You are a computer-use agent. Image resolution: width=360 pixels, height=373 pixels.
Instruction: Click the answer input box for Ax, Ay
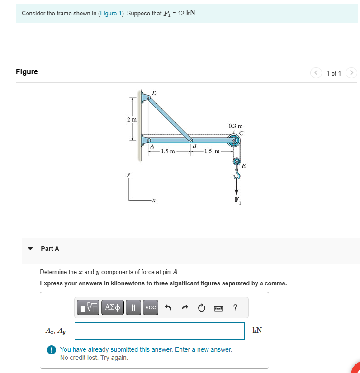[159, 331]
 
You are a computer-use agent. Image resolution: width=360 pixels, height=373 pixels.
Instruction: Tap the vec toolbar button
[151, 307]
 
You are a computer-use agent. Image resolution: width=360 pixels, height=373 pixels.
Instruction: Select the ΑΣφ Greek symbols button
[112, 307]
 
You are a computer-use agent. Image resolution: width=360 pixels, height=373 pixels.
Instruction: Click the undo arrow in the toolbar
[168, 307]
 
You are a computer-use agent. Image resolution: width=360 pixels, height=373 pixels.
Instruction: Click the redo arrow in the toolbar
[184, 307]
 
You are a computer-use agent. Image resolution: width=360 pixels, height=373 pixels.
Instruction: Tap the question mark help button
[235, 307]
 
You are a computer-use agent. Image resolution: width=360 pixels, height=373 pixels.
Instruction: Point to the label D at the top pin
[154, 93]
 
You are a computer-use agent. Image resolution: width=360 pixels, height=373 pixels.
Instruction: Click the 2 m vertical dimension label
[132, 119]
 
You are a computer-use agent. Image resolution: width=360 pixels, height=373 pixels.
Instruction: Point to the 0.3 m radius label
[235, 126]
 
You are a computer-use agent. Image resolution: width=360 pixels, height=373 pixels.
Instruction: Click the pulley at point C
[234, 141]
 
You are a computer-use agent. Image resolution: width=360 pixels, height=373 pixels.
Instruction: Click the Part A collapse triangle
[30, 249]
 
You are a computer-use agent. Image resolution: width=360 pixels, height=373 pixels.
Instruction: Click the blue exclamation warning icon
[52, 349]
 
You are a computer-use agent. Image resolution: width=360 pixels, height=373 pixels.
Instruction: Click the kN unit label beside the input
[257, 331]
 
